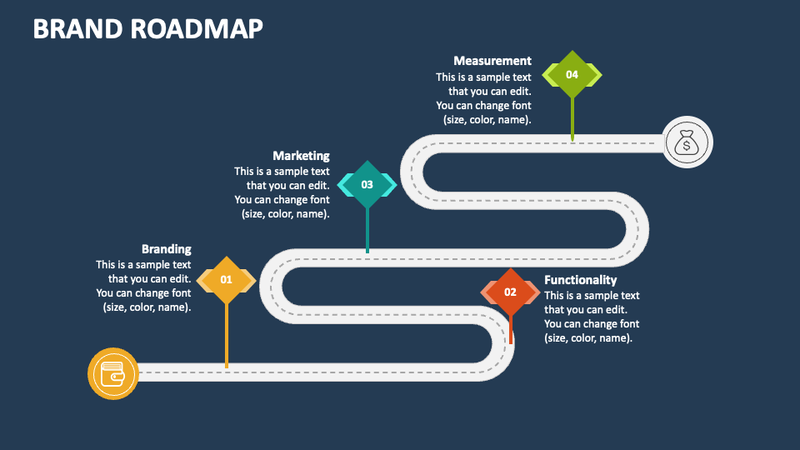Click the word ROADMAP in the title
[197, 28]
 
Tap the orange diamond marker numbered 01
[227, 280]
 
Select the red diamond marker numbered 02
[510, 292]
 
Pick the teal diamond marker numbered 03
[367, 185]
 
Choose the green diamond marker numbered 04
[572, 74]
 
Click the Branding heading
[167, 249]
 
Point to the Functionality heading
[580, 280]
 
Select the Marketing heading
[301, 156]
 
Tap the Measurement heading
[492, 61]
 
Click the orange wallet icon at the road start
[112, 373]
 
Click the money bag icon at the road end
[687, 142]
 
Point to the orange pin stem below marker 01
[227, 335]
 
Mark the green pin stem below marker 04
[572, 119]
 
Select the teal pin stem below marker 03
[367, 230]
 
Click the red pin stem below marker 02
[511, 329]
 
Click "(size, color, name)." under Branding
[147, 307]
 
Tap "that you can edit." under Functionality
[586, 309]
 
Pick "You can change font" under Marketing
[282, 199]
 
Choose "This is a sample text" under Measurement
[483, 77]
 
